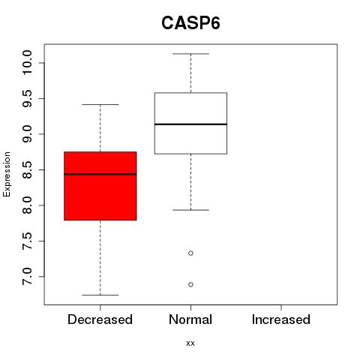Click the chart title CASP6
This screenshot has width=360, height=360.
pyautogui.click(x=190, y=23)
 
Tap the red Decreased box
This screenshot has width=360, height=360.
pyautogui.click(x=100, y=186)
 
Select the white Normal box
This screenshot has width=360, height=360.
pyautogui.click(x=190, y=123)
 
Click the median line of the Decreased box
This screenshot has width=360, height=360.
pyautogui.click(x=100, y=174)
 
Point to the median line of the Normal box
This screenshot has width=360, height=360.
pyautogui.click(x=190, y=124)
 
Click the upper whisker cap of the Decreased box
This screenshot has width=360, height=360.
pyautogui.click(x=100, y=104)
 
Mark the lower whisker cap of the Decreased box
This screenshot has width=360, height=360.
pyautogui.click(x=100, y=295)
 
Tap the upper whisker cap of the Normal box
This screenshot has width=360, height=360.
pyautogui.click(x=190, y=54)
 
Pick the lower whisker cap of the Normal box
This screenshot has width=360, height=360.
pyautogui.click(x=190, y=210)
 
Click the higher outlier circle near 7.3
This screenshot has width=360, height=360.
pyautogui.click(x=190, y=253)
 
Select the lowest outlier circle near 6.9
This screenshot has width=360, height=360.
pyautogui.click(x=190, y=284)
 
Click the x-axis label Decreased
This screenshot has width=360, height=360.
pyautogui.click(x=100, y=319)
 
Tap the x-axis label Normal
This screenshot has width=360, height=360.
pyautogui.click(x=190, y=319)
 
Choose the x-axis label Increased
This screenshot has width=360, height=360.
pyautogui.click(x=281, y=319)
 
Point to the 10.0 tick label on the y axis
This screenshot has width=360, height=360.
pyautogui.click(x=27, y=62)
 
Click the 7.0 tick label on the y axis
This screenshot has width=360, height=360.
pyautogui.click(x=27, y=277)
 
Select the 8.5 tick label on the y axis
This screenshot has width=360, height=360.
pyautogui.click(x=27, y=169)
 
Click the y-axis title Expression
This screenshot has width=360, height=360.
pyautogui.click(x=7, y=174)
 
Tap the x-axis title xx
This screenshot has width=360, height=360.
pyautogui.click(x=190, y=343)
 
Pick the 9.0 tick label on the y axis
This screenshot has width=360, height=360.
pyautogui.click(x=27, y=134)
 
